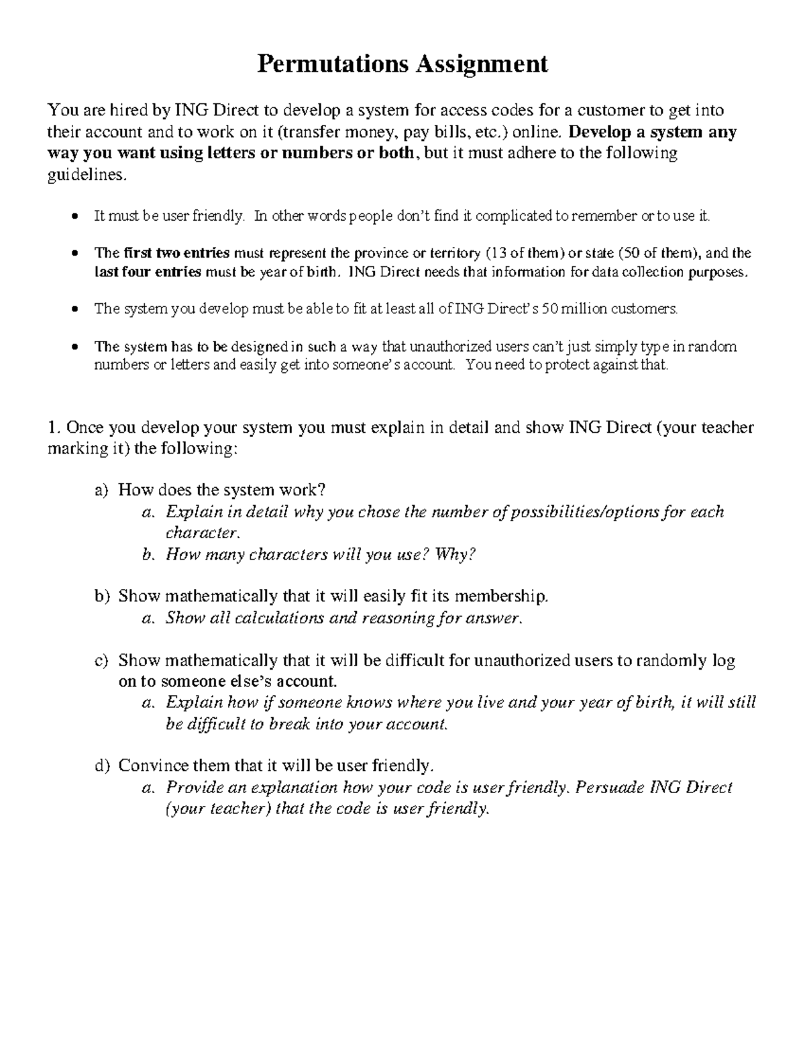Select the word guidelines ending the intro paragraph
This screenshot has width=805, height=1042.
pos(85,174)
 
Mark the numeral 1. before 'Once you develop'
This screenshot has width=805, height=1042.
pos(54,428)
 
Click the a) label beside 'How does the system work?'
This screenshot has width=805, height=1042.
pos(101,490)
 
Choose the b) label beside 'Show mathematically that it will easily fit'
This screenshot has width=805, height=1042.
pos(101,596)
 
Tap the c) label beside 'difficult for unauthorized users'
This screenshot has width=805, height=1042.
pos(101,660)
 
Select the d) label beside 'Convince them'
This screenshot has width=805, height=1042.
pos(101,766)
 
